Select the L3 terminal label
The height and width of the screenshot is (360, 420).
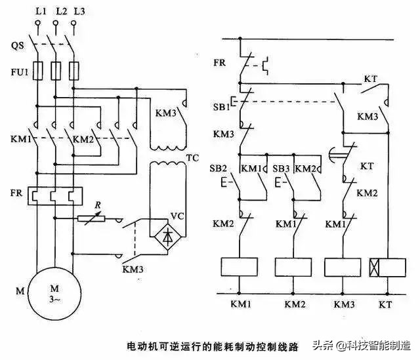tap(79, 12)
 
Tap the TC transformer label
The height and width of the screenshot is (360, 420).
tap(192, 159)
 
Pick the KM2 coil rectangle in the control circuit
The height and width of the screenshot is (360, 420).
tap(293, 267)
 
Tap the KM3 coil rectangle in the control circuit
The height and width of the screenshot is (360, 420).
tap(343, 267)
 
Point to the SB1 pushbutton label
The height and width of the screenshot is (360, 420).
tap(221, 106)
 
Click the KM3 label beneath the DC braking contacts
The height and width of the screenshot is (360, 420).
tap(133, 270)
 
